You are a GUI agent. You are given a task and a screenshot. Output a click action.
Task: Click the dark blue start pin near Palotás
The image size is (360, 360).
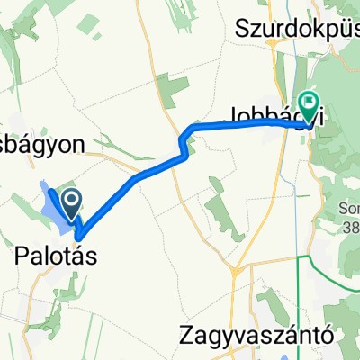(x=71, y=201)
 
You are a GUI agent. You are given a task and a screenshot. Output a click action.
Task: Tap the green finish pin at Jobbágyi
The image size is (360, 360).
(x=308, y=106)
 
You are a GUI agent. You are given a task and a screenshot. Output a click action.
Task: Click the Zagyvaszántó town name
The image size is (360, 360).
(x=267, y=334)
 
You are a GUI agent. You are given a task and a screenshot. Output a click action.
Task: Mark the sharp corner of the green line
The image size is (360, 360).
(x=300, y=257)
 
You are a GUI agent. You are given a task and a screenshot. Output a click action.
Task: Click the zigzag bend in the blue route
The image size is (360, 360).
(x=184, y=142)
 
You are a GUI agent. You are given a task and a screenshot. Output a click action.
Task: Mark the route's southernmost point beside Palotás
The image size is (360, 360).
(x=79, y=236)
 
